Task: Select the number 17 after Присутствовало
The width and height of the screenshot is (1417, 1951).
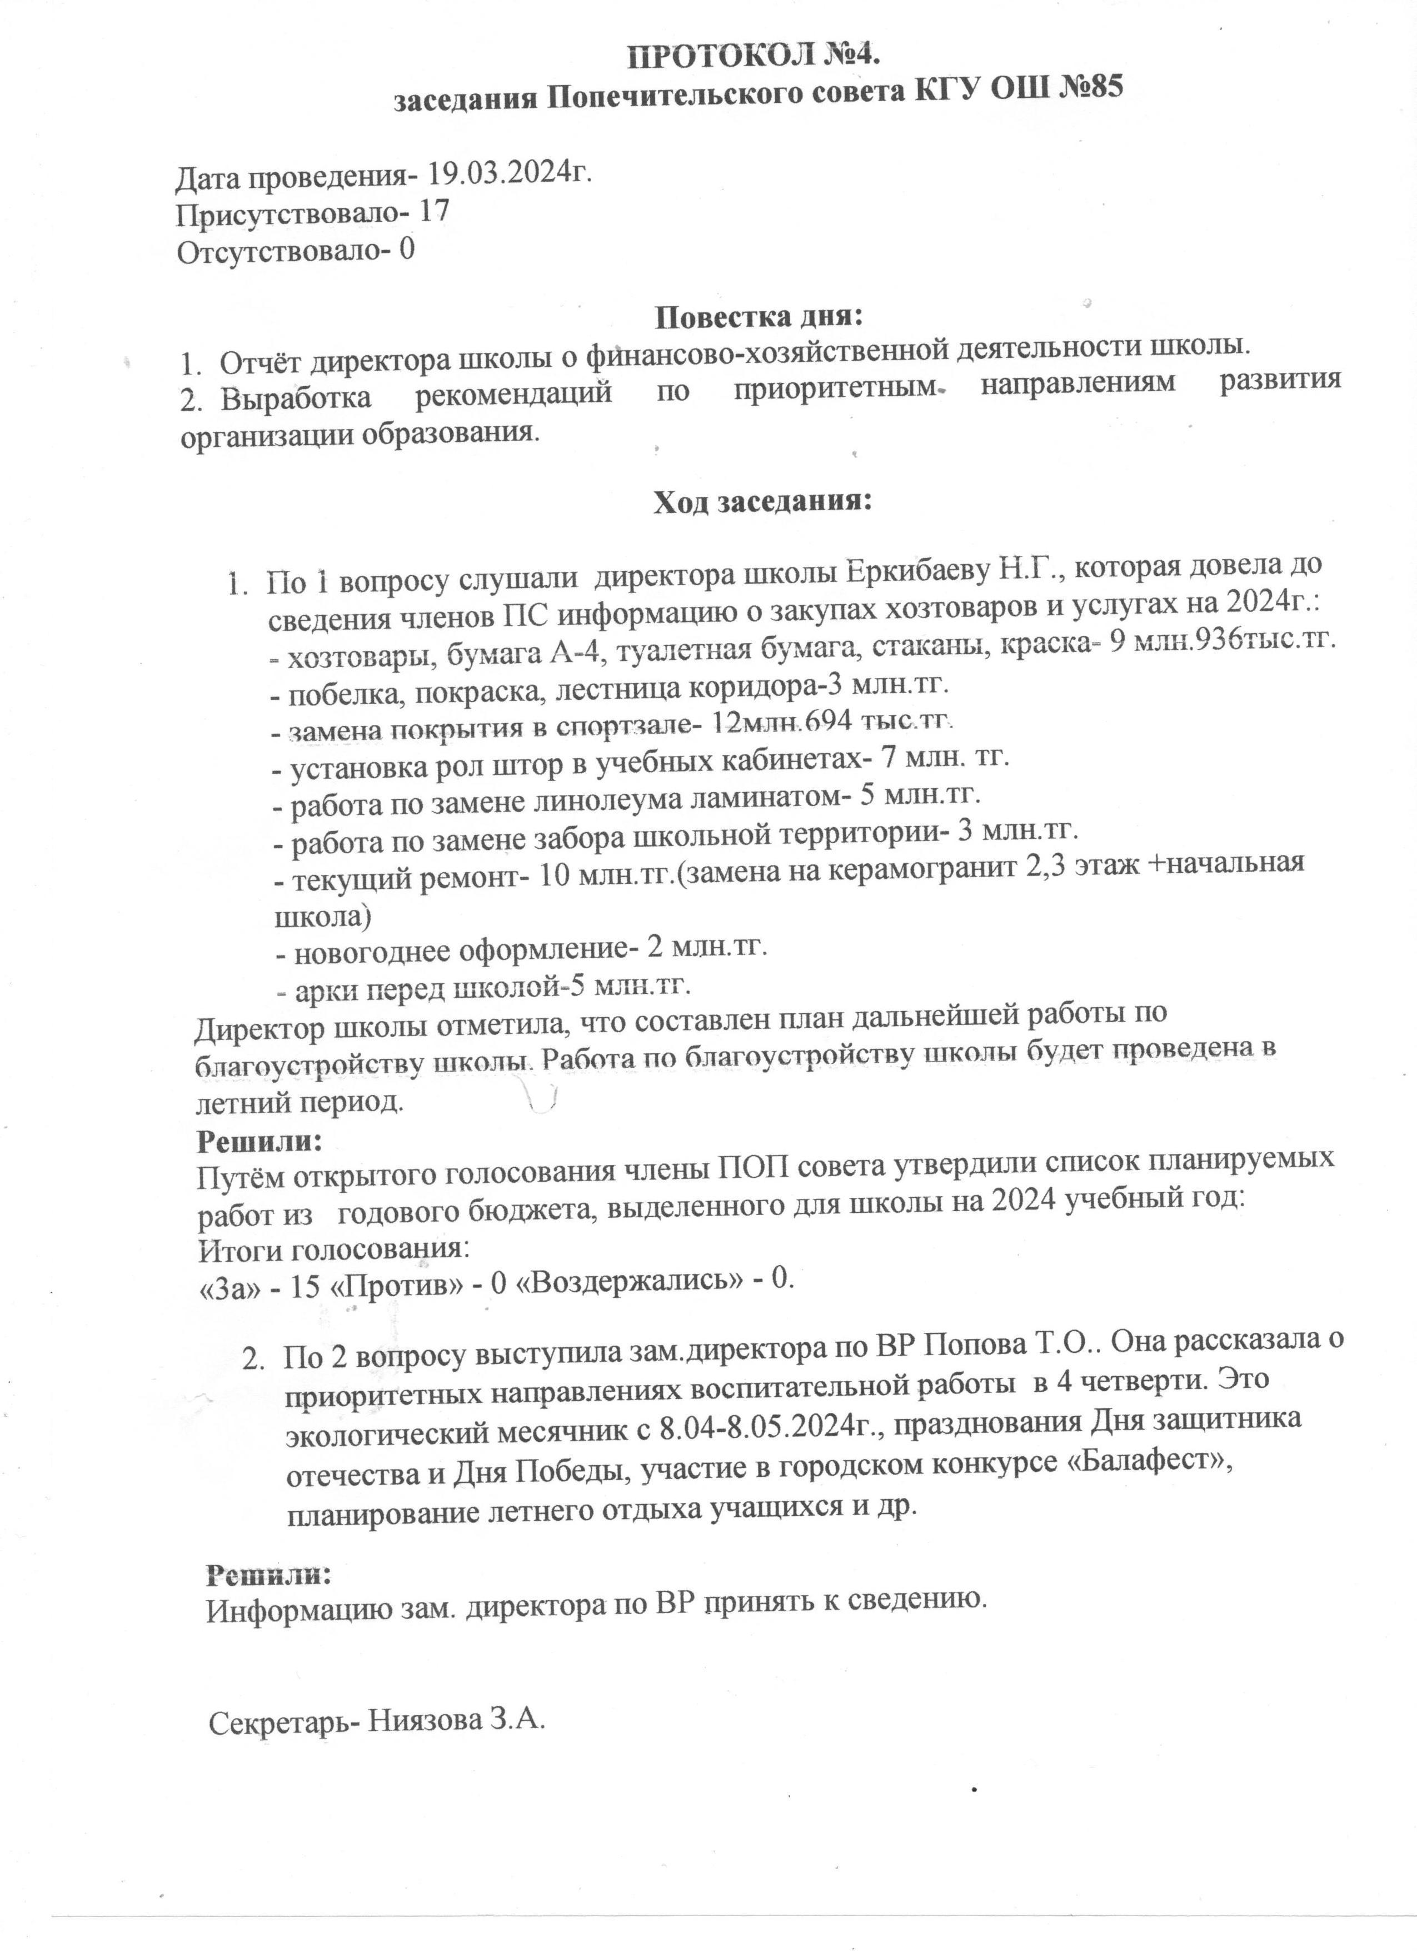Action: point(433,212)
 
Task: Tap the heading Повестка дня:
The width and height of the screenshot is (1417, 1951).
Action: point(759,317)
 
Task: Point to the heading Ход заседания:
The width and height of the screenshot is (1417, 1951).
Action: point(762,501)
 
